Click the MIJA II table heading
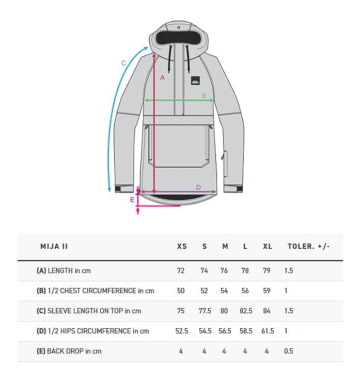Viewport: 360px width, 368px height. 54,246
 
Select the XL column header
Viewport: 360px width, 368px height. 268,246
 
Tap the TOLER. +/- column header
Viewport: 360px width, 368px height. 308,246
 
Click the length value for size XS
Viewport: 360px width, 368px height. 181,270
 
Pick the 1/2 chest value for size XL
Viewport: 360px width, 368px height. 267,291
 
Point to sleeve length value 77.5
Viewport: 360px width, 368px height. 205,311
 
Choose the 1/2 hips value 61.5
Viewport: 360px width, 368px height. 268,331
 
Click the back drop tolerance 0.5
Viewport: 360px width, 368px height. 288,351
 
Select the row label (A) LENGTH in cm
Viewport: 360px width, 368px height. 64,270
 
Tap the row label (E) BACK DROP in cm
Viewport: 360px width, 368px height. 69,351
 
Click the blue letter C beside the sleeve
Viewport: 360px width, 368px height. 123,63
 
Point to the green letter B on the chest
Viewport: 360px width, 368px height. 204,96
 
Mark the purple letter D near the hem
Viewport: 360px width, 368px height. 198,187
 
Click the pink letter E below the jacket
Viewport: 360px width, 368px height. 132,200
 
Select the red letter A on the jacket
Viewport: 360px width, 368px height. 163,78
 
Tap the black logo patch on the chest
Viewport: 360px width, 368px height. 195,81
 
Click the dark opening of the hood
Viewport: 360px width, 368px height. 179,38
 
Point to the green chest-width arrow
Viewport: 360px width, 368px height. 179,101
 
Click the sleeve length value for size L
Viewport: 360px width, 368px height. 246,311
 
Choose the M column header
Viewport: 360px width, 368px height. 225,246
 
